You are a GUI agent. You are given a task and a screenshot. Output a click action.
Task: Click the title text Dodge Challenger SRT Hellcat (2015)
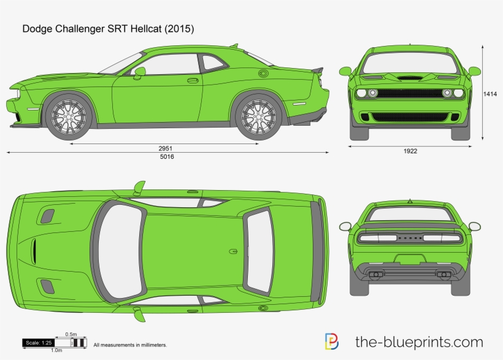click(108, 29)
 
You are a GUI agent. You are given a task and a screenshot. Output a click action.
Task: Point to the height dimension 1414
click(490, 94)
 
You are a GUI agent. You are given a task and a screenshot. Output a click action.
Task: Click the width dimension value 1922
click(410, 151)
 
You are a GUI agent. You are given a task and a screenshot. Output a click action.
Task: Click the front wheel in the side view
click(68, 115)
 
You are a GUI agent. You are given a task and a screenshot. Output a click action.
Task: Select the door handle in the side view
click(193, 80)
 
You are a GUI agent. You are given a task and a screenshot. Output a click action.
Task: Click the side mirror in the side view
click(140, 72)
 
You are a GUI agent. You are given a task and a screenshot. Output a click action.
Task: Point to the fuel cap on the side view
click(263, 74)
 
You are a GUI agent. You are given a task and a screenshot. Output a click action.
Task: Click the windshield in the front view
click(410, 63)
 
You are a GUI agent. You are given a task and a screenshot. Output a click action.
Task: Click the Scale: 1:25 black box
click(39, 342)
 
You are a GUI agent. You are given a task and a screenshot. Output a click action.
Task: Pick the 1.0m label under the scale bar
click(56, 350)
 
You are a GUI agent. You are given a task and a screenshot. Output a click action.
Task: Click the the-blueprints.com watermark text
click(419, 342)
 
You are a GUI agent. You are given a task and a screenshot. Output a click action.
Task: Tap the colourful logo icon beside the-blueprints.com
click(331, 342)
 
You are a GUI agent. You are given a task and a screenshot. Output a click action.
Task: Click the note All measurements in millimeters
click(130, 345)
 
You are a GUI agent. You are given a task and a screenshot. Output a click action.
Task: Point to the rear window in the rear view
click(410, 215)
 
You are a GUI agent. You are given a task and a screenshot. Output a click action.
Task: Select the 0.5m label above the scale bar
click(71, 334)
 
